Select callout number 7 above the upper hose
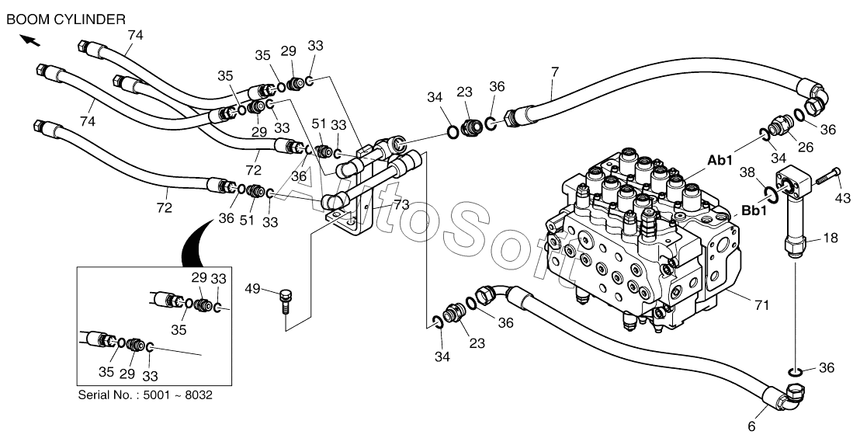pos(554,72)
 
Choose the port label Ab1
pos(720,161)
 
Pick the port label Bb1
pos(754,210)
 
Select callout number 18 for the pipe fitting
pos(830,238)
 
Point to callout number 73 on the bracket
pos(401,204)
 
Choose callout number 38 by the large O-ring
pos(747,172)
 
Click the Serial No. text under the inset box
pos(145,395)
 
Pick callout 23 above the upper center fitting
pos(464,92)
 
